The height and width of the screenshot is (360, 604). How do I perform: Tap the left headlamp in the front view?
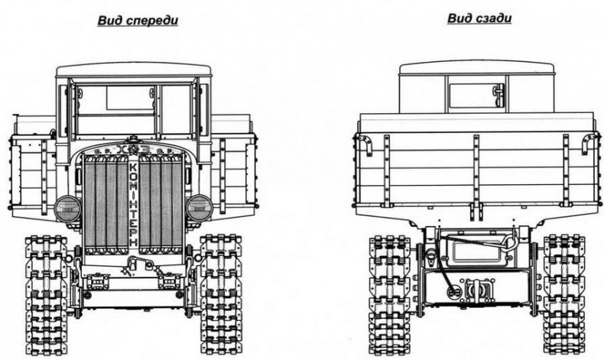[68, 209]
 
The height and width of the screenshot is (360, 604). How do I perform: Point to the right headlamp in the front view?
[200, 207]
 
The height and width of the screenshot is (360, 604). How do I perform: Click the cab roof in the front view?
[134, 70]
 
